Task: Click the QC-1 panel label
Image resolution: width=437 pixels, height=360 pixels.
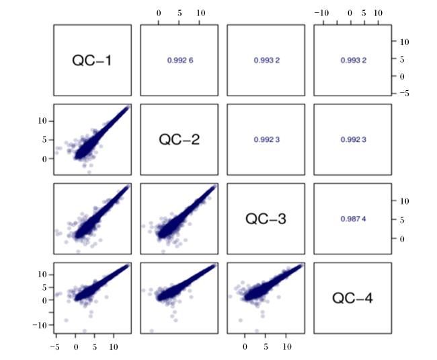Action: click(x=91, y=61)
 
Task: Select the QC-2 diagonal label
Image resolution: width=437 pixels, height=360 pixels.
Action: click(x=180, y=139)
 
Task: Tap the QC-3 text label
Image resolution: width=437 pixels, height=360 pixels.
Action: click(x=266, y=219)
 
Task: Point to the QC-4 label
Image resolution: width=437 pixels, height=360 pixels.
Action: click(x=352, y=298)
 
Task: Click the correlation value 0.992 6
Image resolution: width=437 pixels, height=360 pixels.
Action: click(x=180, y=61)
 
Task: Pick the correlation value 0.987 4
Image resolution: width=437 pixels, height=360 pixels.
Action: click(x=353, y=219)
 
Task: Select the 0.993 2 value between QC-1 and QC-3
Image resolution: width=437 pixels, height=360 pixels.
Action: click(x=267, y=61)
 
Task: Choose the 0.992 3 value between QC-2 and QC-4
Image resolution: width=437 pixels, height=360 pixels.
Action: click(x=354, y=139)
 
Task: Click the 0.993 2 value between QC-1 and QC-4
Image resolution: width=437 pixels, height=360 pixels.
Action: click(x=354, y=61)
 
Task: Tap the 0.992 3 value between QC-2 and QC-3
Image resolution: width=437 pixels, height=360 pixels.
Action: click(x=267, y=139)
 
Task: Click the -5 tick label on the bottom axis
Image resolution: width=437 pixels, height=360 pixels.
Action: click(x=55, y=347)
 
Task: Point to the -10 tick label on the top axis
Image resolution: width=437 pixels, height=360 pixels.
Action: click(x=321, y=13)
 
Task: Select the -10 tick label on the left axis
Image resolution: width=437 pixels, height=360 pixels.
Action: click(x=40, y=325)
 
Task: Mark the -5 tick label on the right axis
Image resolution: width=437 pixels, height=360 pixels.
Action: click(x=404, y=94)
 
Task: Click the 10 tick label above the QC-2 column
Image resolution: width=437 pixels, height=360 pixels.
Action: click(x=200, y=13)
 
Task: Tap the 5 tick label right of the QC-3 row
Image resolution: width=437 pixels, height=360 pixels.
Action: click(x=402, y=220)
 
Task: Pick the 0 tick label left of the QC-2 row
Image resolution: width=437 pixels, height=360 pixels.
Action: click(x=44, y=159)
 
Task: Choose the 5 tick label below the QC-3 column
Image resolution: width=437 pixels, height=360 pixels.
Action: click(x=266, y=347)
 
